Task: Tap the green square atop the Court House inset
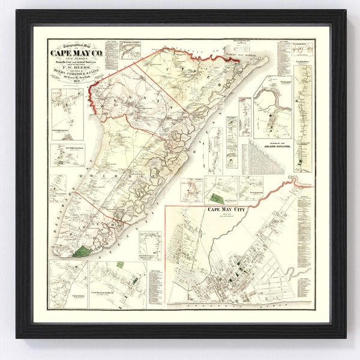[120, 265]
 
